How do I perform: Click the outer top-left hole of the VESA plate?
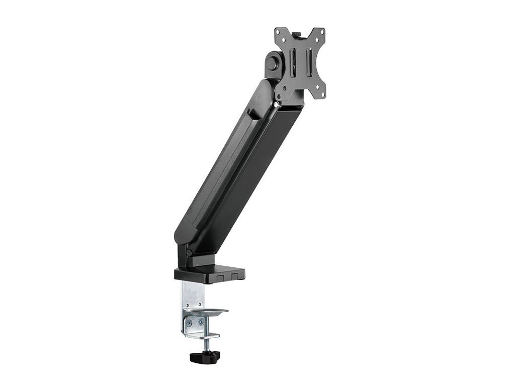coord(278,32)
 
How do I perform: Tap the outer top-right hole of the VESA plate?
coord(322,32)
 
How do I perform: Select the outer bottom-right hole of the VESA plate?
coord(323,94)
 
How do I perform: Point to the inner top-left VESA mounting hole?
coord(284,40)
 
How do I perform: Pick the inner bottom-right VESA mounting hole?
coord(317,87)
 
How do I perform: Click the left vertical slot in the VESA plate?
coord(293,62)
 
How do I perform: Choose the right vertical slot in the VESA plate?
coord(310,62)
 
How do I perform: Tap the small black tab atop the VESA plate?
coord(296,35)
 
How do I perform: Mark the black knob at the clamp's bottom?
coord(205,356)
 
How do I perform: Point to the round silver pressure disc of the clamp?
coord(209,312)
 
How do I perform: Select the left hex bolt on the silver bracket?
coord(189,323)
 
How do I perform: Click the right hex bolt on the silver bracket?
coord(201,322)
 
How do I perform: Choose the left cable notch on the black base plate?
coord(220,278)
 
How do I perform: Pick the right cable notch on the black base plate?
coord(234,276)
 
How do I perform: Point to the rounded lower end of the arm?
coord(182,236)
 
